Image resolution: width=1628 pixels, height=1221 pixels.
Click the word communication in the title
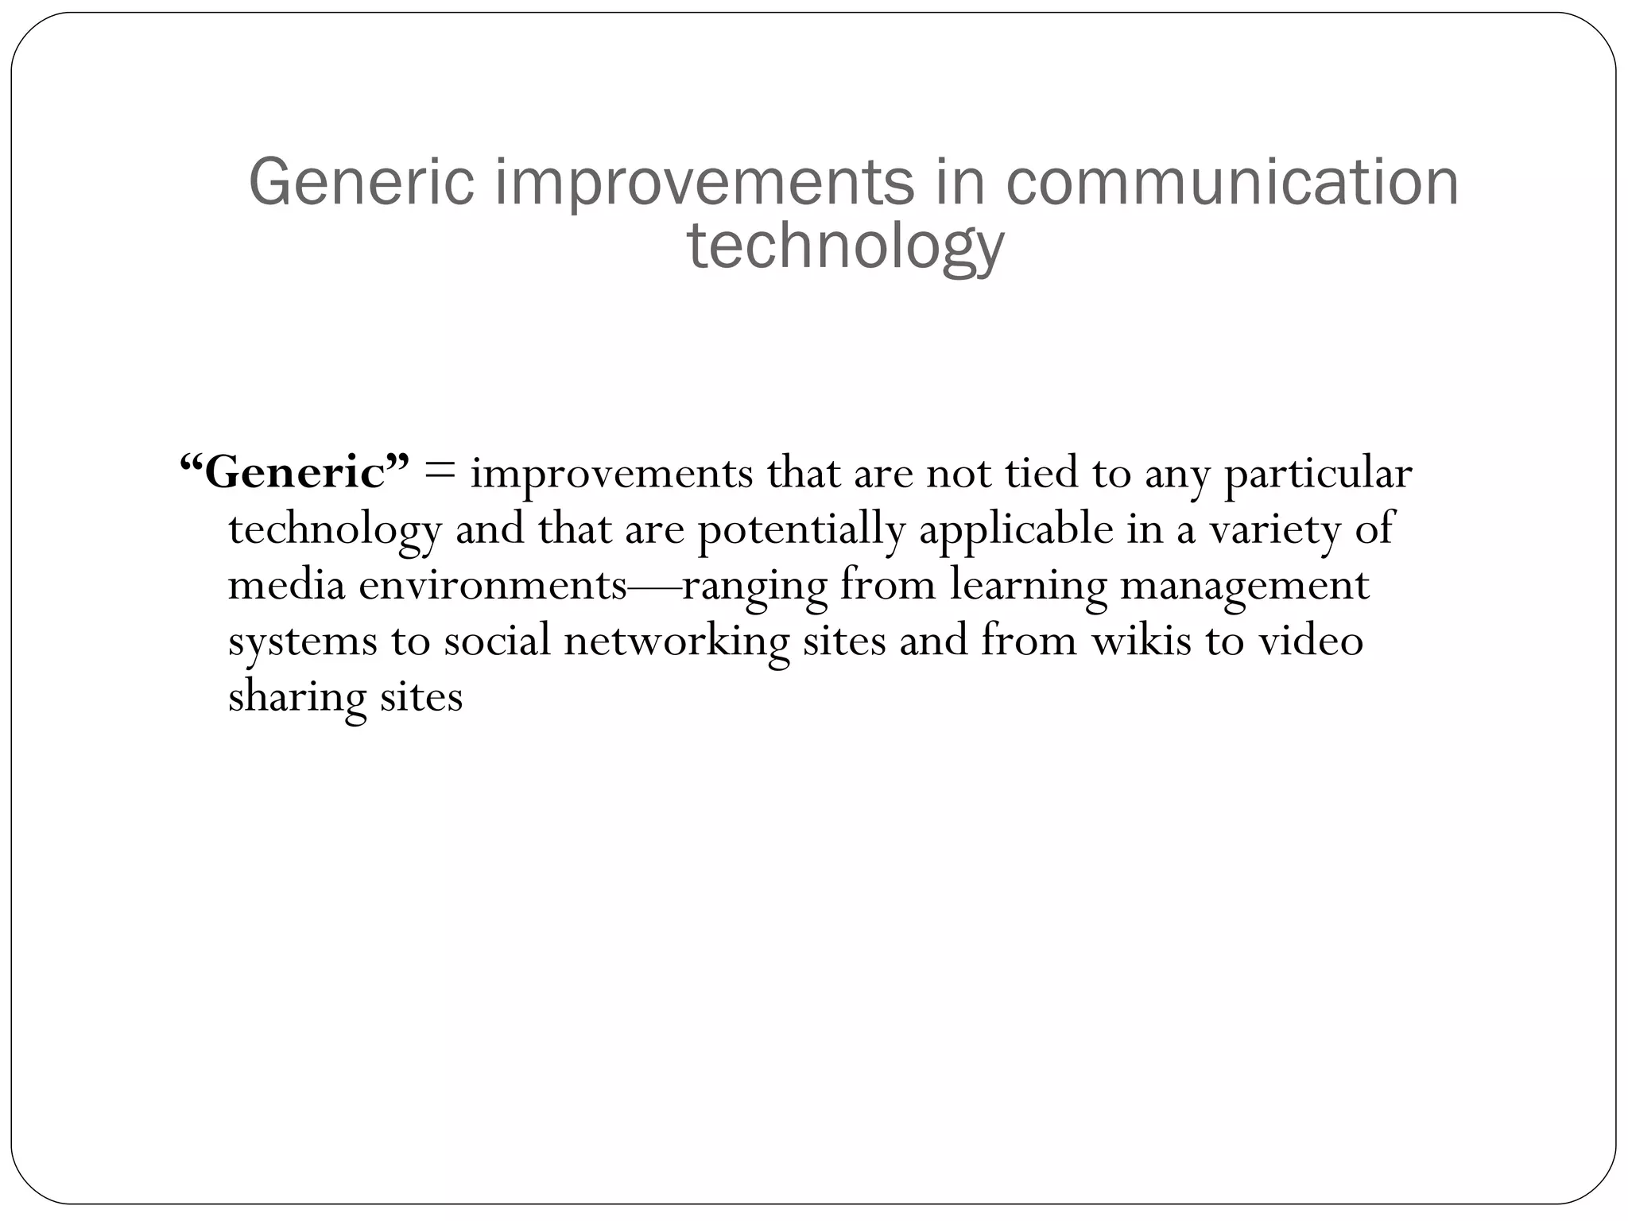tap(1231, 183)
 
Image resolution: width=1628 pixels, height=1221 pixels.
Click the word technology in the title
tap(845, 246)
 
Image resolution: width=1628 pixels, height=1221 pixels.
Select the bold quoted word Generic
tap(295, 473)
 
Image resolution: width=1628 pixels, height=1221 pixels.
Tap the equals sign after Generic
tap(440, 471)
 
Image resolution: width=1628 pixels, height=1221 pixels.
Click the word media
tap(286, 586)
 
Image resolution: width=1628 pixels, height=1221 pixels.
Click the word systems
tap(302, 642)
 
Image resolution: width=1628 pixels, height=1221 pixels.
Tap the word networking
tap(676, 642)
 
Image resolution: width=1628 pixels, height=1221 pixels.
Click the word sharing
tap(297, 698)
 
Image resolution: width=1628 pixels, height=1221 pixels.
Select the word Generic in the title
tap(362, 183)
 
